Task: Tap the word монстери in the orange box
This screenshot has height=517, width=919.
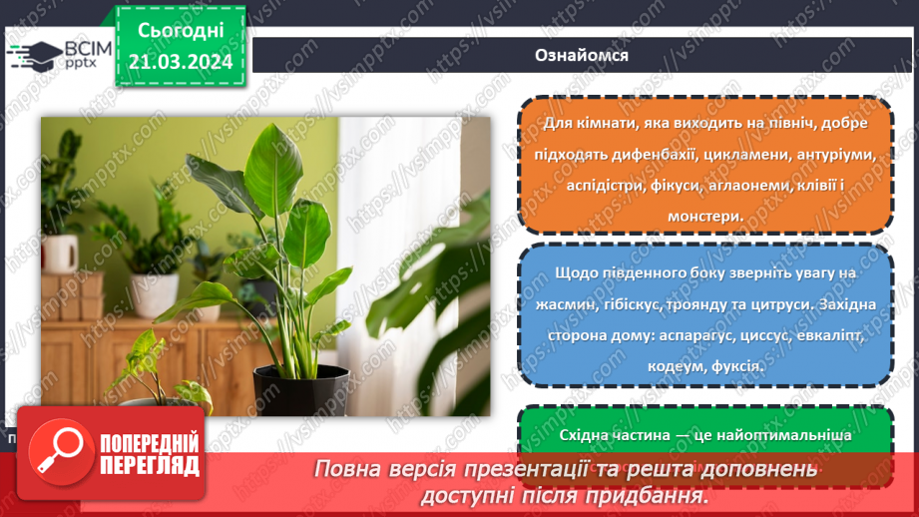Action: [x=703, y=215]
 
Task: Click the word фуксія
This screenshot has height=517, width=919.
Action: [x=737, y=366]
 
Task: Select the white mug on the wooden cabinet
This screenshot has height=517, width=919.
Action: [x=60, y=254]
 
